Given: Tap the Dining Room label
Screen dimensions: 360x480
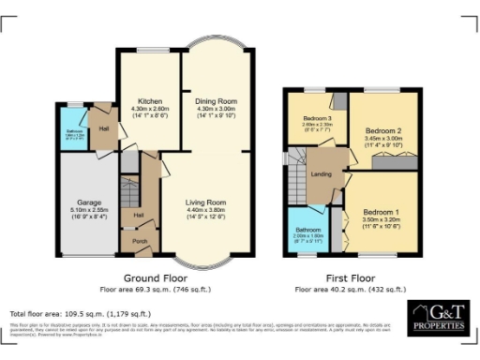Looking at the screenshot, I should pos(217,99).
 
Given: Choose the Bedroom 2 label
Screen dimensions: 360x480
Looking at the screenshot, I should pos(382,130).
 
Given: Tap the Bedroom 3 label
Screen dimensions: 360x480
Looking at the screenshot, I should pos(317,117).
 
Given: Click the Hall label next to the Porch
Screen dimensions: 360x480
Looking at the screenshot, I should pos(139,215).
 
